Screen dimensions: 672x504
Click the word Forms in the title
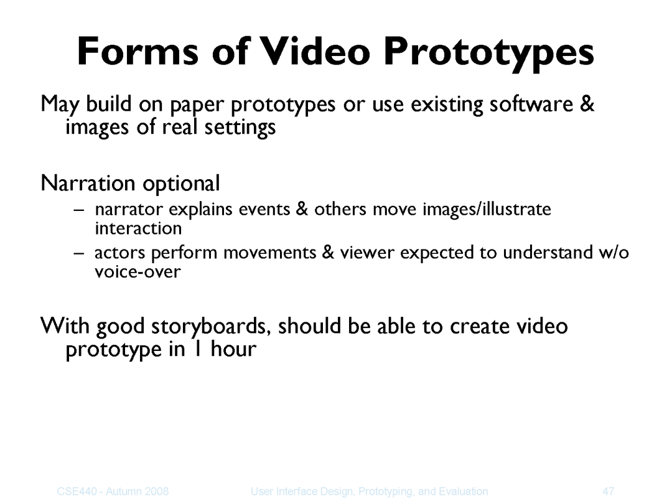pyautogui.click(x=138, y=52)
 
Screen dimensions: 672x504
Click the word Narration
pyautogui.click(x=88, y=183)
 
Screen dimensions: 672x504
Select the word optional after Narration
pyautogui.click(x=181, y=184)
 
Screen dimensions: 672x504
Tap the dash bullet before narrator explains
pyautogui.click(x=79, y=210)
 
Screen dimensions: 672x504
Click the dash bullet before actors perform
pyautogui.click(x=79, y=253)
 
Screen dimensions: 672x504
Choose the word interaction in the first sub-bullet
pyautogui.click(x=138, y=228)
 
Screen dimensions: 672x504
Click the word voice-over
pyautogui.click(x=138, y=272)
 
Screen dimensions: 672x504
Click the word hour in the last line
pyautogui.click(x=233, y=349)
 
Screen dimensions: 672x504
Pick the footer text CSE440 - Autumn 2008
pyautogui.click(x=113, y=491)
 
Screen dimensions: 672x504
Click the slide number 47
pyautogui.click(x=609, y=491)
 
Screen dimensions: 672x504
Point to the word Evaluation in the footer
pyautogui.click(x=464, y=491)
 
